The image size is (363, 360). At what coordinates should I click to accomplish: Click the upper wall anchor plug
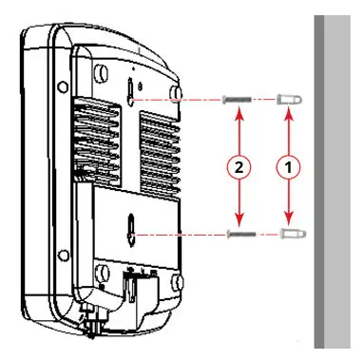tap(291, 99)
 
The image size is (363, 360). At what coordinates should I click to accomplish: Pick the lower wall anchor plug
tap(291, 233)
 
